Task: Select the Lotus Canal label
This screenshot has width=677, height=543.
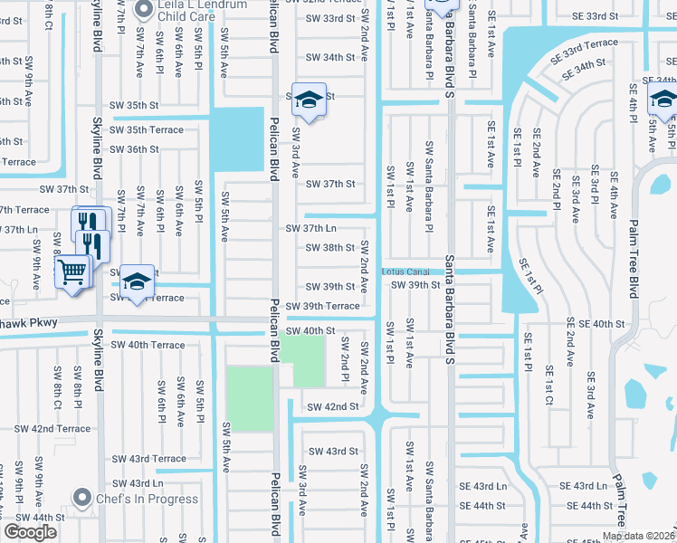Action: [x=405, y=271]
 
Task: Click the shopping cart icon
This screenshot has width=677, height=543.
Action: [x=72, y=271]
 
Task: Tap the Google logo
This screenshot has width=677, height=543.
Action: [x=30, y=532]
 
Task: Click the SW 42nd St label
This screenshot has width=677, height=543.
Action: [x=332, y=407]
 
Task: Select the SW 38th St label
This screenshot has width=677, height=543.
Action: [x=330, y=248]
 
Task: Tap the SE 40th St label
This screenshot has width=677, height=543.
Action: [x=595, y=323]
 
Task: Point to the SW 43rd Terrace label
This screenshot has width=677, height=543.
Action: [x=148, y=459]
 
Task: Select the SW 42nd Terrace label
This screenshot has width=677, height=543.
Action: [x=52, y=428]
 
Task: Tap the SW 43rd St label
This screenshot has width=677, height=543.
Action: [x=333, y=451]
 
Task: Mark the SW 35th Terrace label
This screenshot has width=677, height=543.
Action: [x=146, y=130]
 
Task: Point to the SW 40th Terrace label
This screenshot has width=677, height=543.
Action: [x=148, y=345]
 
